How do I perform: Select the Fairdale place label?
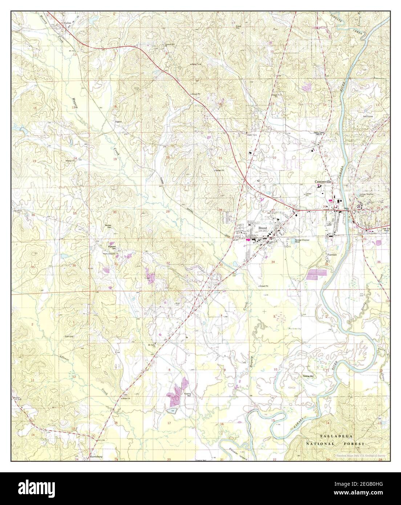click(x=332, y=254)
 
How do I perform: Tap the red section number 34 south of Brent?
click(x=272, y=261)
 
